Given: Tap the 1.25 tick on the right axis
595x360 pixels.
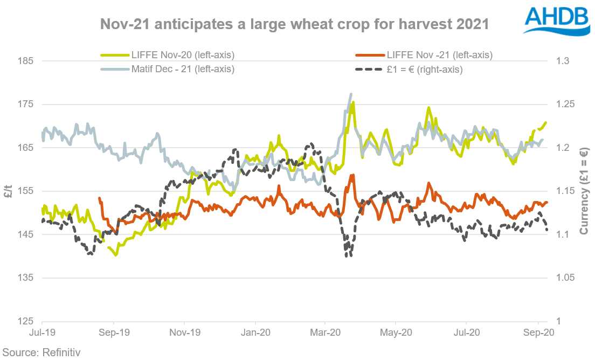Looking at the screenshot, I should point(565,104).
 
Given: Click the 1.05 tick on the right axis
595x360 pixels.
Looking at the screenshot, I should point(565,278).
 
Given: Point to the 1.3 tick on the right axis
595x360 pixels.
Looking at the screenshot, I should point(563,61).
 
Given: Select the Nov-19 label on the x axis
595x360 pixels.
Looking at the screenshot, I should point(184,333).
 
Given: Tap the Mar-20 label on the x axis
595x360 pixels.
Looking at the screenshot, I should point(325,333).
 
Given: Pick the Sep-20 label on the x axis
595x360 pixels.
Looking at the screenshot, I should point(537,333).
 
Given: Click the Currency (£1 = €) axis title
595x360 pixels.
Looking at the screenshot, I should point(584,192).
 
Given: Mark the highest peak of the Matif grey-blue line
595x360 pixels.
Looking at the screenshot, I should point(351,94).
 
